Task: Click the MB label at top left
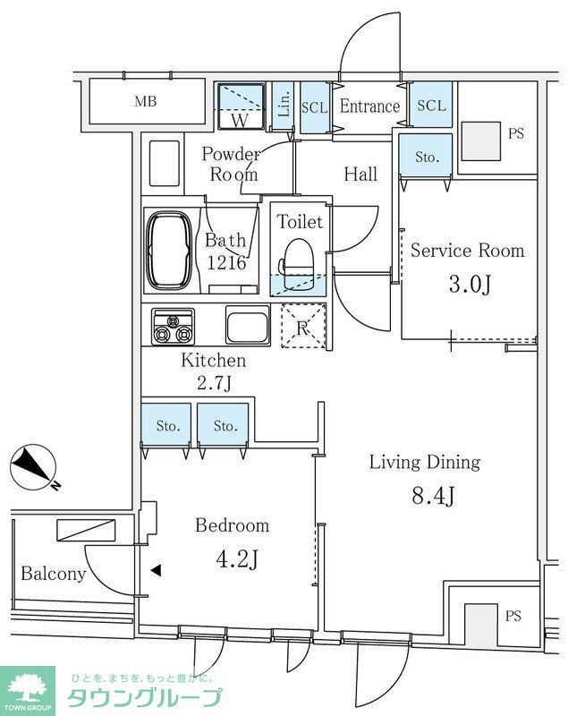tap(146, 101)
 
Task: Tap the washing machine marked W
tap(241, 107)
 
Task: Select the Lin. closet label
tap(284, 104)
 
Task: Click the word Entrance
tap(369, 107)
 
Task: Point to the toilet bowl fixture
tap(298, 264)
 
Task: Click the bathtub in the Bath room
tap(169, 251)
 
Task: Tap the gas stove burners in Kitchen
tap(173, 327)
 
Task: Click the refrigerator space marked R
tap(303, 327)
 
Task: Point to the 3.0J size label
tap(470, 285)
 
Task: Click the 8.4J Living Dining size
tap(433, 496)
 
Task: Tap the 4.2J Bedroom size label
tap(237, 558)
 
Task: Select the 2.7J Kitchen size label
tap(214, 382)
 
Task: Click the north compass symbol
tap(33, 467)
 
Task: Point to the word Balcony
tap(54, 574)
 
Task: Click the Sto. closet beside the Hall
tap(426, 156)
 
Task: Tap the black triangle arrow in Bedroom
tap(156, 570)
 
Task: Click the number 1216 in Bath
tap(226, 262)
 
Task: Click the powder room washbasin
tap(165, 163)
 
